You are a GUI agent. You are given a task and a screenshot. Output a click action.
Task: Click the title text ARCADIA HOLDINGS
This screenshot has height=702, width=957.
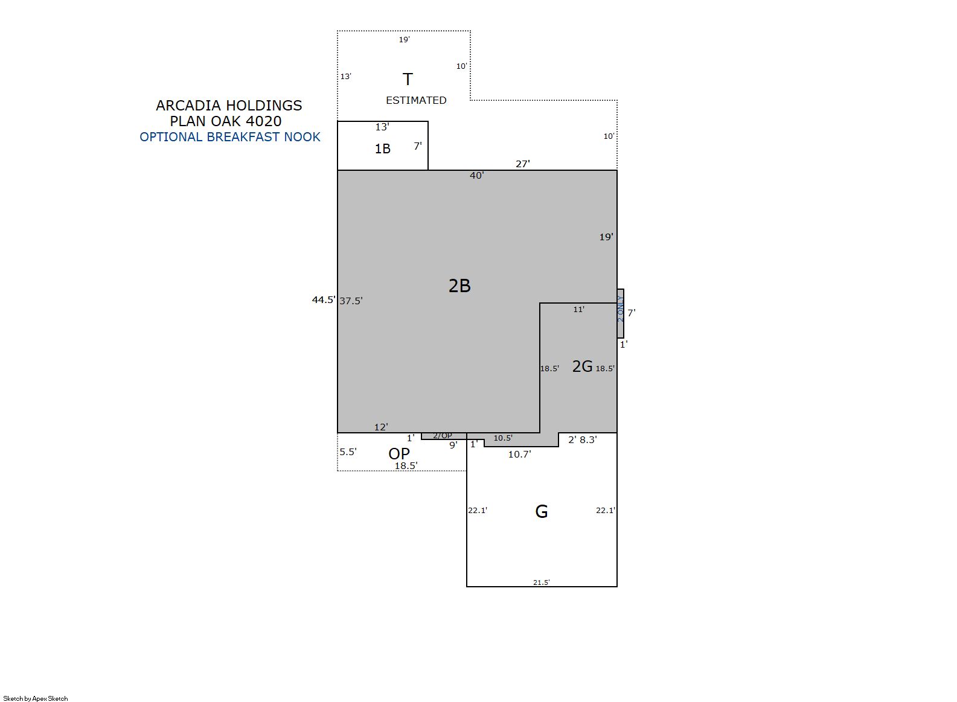coord(229,106)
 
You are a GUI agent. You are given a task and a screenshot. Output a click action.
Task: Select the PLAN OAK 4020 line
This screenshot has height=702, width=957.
coord(226,121)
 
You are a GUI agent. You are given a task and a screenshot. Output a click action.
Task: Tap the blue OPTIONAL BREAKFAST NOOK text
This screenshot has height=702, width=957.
coord(230,137)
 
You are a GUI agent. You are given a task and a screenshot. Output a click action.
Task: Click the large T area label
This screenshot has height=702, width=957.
coord(408,80)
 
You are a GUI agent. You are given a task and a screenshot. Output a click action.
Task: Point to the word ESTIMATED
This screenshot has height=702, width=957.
coord(416,100)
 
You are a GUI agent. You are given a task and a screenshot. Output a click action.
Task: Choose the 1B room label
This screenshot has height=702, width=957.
coord(382,148)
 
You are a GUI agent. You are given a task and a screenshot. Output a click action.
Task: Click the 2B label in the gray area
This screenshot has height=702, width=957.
coord(459,286)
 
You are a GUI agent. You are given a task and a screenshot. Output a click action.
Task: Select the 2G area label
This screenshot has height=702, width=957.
coord(582,366)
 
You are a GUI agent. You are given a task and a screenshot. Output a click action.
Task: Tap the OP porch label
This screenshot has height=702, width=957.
coord(399,454)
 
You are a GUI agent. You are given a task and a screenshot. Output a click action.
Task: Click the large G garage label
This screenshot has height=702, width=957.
coord(542,511)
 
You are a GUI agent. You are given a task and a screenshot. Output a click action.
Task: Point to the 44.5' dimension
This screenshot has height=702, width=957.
coord(324,300)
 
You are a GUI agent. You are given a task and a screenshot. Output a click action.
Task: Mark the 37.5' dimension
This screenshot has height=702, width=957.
coord(351,301)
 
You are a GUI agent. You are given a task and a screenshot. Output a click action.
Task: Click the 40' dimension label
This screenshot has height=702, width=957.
coord(477,176)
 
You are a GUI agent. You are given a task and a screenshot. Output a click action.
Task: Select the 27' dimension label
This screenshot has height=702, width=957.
coord(523,164)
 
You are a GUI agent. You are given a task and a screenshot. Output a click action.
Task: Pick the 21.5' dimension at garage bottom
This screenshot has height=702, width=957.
coord(542,582)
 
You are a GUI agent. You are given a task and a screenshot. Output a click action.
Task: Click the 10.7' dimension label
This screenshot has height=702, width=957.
coord(519,455)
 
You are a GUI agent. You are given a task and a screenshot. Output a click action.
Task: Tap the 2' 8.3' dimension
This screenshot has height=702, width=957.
coord(582,440)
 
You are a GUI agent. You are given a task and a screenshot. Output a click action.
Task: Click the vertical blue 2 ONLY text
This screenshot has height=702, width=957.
coord(620,308)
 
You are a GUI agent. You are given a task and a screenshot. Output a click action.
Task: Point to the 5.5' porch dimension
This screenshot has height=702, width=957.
coord(348,452)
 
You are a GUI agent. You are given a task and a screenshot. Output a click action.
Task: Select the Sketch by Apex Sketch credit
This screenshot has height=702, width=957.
coord(36,698)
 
